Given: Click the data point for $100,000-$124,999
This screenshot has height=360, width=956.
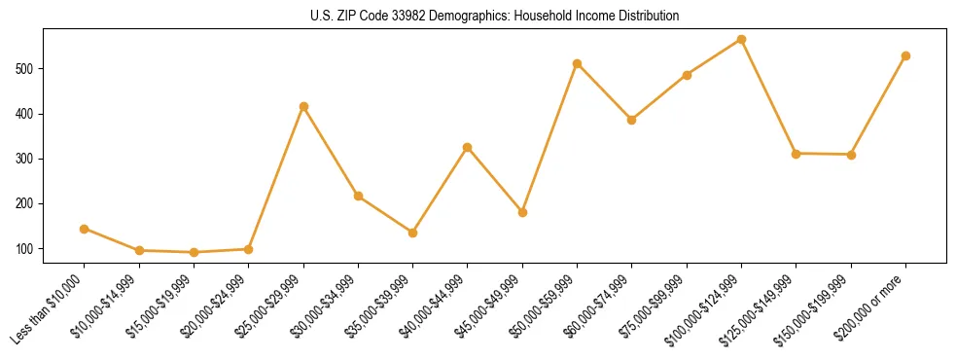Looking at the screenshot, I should pos(741,40).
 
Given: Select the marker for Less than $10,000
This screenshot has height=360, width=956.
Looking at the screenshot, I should pos(85,229).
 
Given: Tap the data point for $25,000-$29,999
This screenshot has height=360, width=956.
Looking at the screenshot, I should pos(303,106).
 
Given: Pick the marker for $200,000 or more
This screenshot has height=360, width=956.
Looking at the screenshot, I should pos(905,55).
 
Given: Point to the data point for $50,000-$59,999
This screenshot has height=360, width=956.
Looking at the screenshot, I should pos(577,63).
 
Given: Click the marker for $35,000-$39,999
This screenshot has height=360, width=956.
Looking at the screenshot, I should pos(413,233).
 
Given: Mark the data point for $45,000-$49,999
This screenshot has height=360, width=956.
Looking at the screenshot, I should pos(522,212).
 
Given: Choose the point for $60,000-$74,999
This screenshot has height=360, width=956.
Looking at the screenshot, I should pos(632,120).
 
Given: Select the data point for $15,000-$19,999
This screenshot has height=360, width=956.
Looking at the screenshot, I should pos(194,252).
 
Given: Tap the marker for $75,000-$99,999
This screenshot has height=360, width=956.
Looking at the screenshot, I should pos(687,75).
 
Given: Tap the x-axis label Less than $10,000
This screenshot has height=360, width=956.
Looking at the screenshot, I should pos(49,309).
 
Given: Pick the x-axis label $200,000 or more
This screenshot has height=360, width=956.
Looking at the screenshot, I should pos(873,307).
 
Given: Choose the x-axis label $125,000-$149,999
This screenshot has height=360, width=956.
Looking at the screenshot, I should pos(760,309).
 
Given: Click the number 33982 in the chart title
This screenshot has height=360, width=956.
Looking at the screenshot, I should pos(391,16).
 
